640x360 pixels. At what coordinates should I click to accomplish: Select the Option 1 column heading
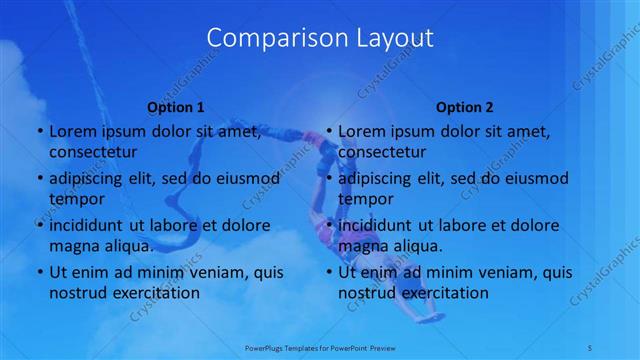176,107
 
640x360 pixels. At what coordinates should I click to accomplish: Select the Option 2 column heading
465,107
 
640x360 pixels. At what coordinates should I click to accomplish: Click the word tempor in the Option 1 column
74,198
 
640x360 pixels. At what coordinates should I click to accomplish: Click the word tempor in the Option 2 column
364,198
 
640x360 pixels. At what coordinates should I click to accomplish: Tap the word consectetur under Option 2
382,152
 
